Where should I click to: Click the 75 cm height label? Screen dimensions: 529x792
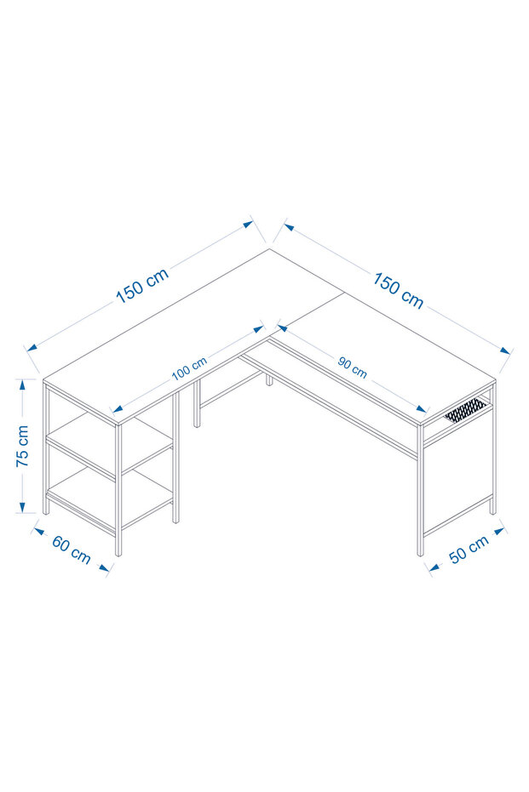[22, 446]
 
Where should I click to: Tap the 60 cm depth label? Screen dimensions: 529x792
[72, 550]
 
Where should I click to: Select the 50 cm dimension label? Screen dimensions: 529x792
[469, 549]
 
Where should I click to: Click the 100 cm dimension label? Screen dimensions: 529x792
[189, 368]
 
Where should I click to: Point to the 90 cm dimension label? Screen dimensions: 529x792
[352, 368]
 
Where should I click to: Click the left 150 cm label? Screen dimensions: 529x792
[142, 286]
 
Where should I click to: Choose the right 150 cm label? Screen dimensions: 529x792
[398, 290]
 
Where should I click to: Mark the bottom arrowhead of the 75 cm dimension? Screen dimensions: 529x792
[22, 506]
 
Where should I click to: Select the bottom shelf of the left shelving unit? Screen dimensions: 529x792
[110, 500]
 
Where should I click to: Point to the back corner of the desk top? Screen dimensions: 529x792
[269, 249]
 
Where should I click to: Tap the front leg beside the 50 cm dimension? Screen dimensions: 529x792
[420, 491]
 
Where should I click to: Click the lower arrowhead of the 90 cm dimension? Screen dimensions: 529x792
[423, 408]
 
